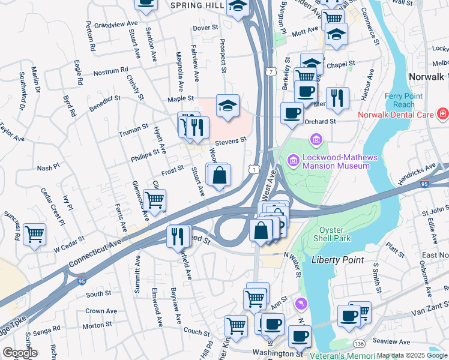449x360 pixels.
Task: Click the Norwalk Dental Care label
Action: (x=397, y=114)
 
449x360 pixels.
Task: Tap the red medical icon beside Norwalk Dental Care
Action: (x=442, y=113)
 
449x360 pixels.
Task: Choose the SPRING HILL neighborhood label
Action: (x=197, y=5)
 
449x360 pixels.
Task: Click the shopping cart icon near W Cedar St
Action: (x=35, y=235)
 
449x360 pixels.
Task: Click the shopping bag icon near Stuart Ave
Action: (x=220, y=175)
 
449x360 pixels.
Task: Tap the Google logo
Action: (x=20, y=352)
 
